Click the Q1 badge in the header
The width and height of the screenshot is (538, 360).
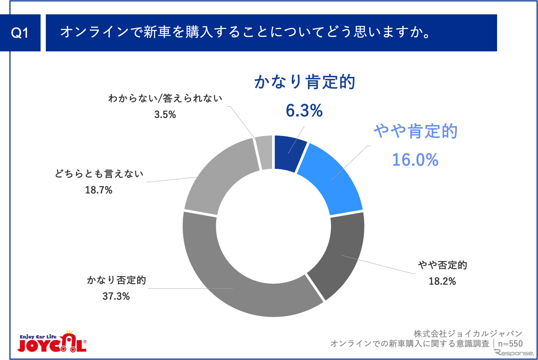(20, 33)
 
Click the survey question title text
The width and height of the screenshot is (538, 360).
(245, 32)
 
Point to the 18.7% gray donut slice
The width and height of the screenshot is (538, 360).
(217, 178)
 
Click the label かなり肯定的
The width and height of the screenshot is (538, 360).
(305, 82)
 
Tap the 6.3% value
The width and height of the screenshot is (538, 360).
(304, 111)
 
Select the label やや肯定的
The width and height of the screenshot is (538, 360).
(416, 131)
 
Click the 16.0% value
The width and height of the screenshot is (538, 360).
(415, 160)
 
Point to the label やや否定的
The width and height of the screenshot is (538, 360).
(443, 265)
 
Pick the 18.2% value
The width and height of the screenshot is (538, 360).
(442, 281)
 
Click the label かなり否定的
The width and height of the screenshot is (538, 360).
(116, 280)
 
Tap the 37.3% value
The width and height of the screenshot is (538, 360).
(116, 296)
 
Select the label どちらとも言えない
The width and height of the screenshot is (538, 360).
(99, 174)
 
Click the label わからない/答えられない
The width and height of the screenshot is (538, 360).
(165, 99)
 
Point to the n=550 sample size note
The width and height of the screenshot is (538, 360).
(510, 344)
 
